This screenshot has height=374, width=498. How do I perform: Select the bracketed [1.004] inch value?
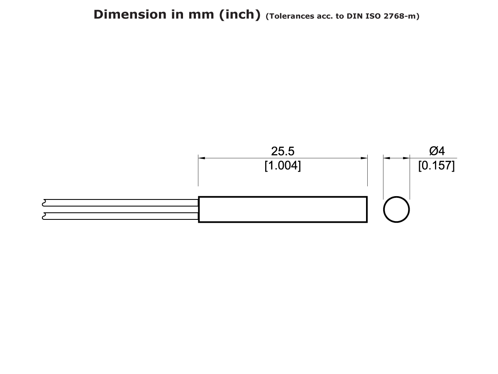(283, 166)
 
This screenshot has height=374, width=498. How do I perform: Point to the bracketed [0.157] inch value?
(437, 166)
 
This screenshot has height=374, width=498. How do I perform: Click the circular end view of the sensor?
(396, 209)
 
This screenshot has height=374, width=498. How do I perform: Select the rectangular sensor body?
(283, 209)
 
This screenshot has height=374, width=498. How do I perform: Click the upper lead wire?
(120, 202)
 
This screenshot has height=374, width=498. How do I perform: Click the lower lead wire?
(120, 216)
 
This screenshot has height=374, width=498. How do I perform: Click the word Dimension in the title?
(124, 14)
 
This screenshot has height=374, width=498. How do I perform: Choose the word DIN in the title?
(354, 17)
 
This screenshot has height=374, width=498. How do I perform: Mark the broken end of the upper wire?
(44, 202)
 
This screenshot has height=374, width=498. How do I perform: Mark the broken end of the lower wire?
(44, 216)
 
